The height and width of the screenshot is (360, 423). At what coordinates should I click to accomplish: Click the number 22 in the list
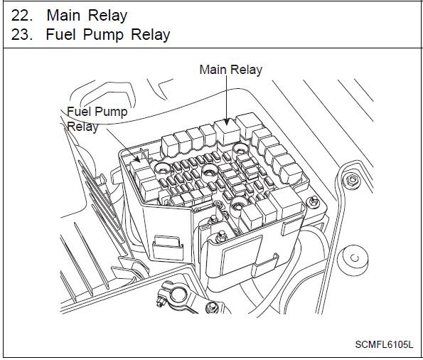tap(22, 16)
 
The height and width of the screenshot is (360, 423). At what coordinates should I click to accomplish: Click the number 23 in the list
tap(22, 35)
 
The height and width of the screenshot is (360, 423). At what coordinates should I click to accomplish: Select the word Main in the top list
tap(64, 16)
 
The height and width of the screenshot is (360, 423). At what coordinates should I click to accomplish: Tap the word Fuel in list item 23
tap(60, 35)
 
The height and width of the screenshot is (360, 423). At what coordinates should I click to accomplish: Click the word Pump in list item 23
tap(103, 36)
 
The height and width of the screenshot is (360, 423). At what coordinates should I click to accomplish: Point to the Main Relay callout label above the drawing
tap(230, 70)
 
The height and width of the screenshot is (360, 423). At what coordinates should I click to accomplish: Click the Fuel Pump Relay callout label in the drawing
tap(97, 119)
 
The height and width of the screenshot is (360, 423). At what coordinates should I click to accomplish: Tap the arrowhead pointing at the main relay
tap(227, 122)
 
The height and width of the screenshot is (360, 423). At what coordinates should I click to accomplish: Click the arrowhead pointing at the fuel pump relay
tap(137, 159)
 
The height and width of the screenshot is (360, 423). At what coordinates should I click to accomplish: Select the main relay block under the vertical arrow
tap(227, 132)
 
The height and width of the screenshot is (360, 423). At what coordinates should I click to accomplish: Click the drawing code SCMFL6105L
tap(384, 344)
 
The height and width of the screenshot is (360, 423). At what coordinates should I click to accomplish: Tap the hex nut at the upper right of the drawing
tap(352, 179)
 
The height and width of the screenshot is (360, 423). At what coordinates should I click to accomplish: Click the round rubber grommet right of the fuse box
tap(353, 260)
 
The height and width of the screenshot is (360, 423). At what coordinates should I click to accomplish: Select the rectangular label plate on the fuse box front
tap(241, 255)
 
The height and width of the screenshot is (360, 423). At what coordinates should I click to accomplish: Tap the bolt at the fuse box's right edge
tap(314, 201)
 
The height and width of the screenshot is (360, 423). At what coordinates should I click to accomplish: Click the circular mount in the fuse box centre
tap(210, 171)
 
